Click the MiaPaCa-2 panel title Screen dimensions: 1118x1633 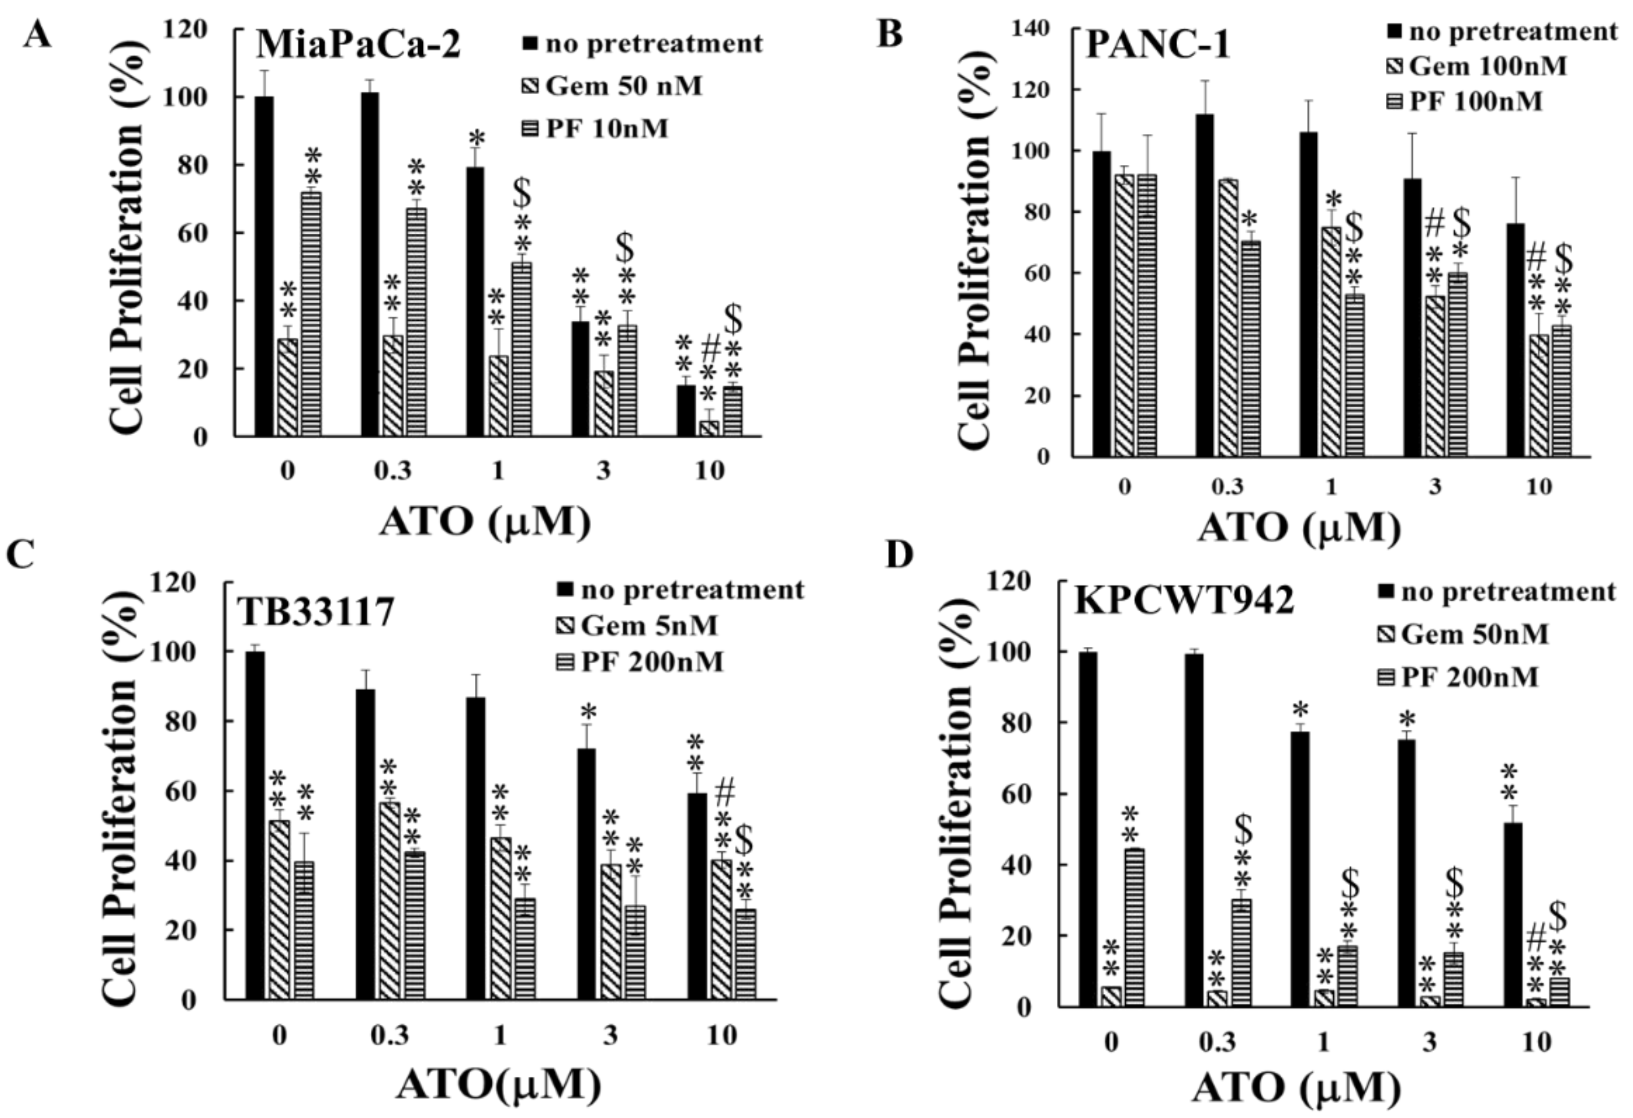tap(358, 45)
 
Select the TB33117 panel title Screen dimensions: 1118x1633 tap(314, 612)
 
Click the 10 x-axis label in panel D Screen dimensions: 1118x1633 tap(1536, 1042)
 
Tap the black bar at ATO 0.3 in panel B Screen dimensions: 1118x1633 tap(1205, 285)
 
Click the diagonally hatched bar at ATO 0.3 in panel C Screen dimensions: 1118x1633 tap(390, 900)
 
